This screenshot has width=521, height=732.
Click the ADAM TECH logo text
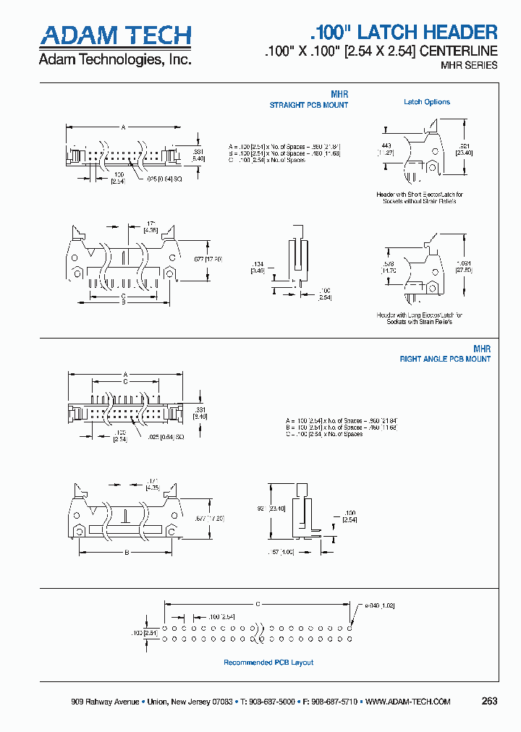115,35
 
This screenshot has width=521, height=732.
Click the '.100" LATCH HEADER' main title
404,32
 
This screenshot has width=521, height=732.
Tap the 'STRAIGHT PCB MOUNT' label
309,105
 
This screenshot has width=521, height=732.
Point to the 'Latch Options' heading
426,102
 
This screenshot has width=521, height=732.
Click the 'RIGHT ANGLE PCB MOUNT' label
445,359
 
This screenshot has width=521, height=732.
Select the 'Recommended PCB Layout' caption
268,663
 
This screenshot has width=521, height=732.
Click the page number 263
489,701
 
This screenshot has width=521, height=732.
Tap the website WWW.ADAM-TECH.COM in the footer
407,702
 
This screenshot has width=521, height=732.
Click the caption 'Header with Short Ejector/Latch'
420,195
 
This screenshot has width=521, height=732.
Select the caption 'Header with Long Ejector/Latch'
420,315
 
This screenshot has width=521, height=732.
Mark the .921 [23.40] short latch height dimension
463,149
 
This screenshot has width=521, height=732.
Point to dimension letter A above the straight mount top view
124,127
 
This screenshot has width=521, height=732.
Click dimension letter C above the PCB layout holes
258,603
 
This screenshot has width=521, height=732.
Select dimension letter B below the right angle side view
127,553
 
